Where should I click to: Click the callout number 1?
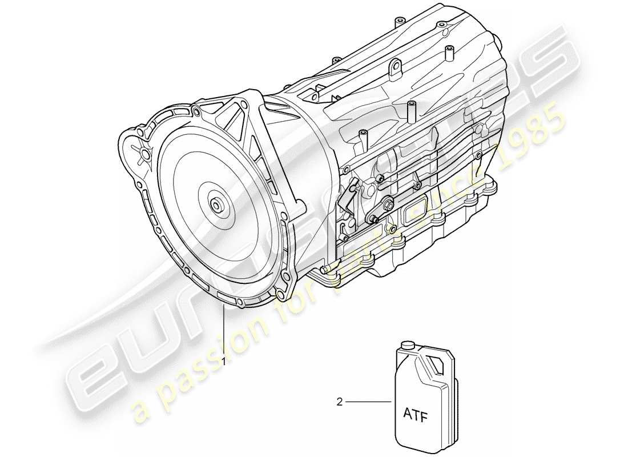pos(224,361)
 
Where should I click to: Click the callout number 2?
pos(339,403)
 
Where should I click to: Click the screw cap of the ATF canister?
pos(407,346)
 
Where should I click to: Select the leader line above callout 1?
pos(224,331)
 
